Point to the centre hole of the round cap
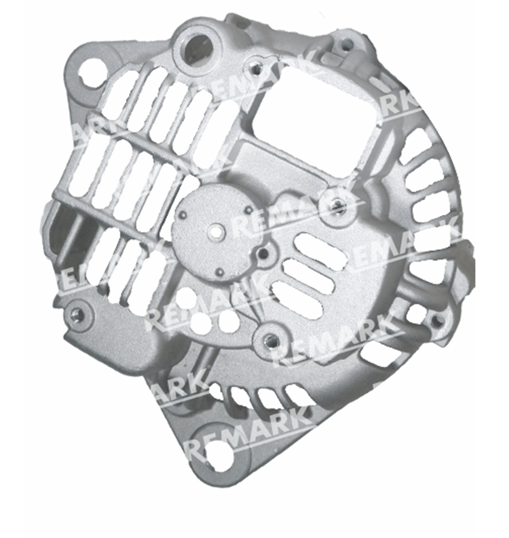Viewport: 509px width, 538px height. [x=217, y=232]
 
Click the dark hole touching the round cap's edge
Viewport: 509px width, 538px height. [x=264, y=253]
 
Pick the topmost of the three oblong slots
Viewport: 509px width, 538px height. [x=319, y=250]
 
